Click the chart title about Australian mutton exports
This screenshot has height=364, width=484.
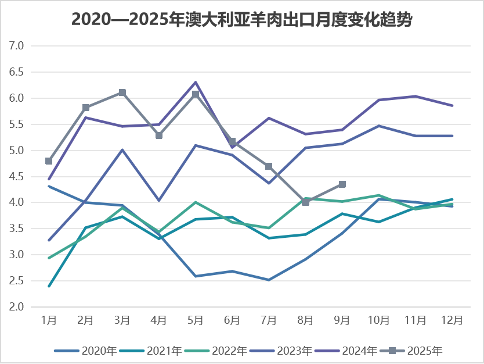(242, 19)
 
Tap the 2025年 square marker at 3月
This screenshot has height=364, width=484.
(122, 92)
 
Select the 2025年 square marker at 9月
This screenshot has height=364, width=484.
(342, 184)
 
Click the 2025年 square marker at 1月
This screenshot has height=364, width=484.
(49, 161)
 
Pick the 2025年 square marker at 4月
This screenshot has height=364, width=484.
(159, 135)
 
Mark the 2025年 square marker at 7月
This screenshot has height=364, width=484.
(269, 166)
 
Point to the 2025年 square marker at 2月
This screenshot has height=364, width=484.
(85, 108)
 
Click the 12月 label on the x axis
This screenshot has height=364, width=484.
(452, 320)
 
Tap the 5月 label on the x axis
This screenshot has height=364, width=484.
(196, 320)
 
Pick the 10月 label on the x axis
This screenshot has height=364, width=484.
(379, 320)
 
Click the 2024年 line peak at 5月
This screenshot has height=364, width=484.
(196, 82)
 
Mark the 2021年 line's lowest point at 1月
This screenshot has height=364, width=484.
(49, 286)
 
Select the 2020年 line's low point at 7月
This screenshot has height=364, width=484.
(269, 280)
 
